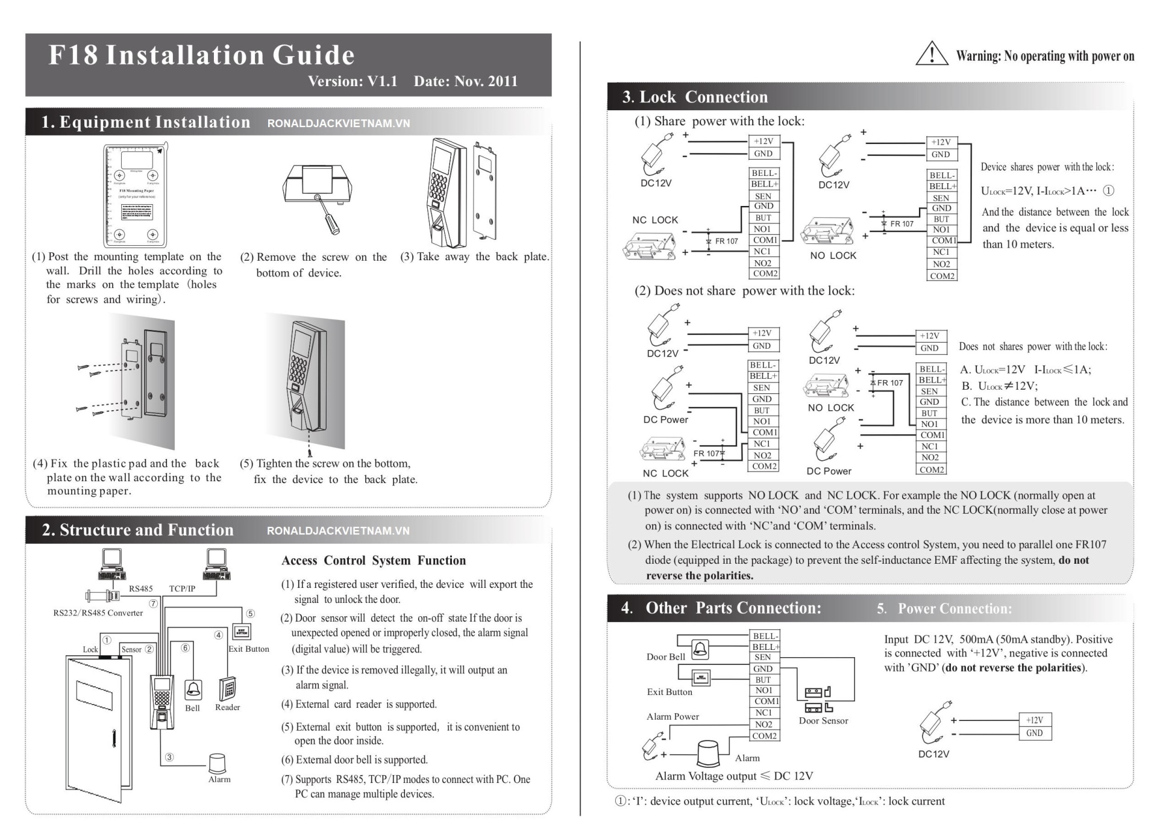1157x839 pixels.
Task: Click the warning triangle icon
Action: [x=932, y=54]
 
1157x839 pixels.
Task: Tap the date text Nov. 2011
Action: [x=465, y=81]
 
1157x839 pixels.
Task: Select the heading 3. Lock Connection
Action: [x=695, y=97]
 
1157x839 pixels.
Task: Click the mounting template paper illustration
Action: [x=136, y=195]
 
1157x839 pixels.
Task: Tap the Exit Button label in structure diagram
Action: [x=248, y=649]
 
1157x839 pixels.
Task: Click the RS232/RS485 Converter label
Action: [x=98, y=613]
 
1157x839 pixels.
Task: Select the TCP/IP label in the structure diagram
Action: [x=182, y=588]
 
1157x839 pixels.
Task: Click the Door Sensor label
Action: [x=823, y=720]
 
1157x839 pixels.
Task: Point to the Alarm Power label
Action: [x=673, y=717]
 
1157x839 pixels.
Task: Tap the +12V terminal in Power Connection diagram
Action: [x=1034, y=720]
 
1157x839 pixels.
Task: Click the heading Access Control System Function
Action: [x=374, y=561]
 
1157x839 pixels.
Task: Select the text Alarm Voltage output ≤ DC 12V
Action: [x=734, y=776]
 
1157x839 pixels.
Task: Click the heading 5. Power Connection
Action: [x=944, y=608]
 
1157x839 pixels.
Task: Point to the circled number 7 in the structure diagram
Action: [x=154, y=604]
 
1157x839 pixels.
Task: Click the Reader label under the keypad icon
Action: [x=227, y=707]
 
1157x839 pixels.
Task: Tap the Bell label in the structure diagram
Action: [x=192, y=708]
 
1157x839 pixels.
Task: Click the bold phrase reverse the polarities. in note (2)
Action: [x=700, y=575]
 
